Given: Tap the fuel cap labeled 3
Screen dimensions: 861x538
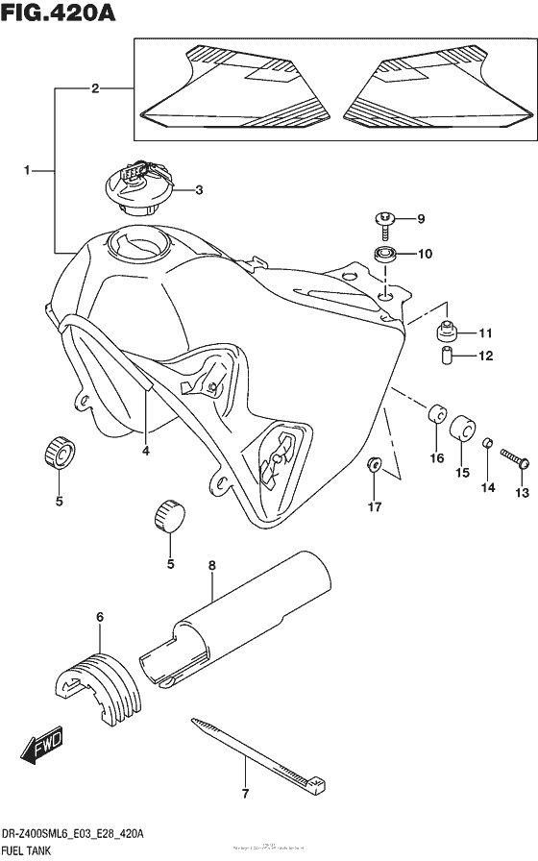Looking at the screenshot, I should coord(141,189).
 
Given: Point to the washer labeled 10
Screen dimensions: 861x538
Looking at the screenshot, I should coord(388,255).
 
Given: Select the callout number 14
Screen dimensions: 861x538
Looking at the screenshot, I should coord(487,489).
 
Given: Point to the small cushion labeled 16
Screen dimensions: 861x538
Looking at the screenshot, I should coord(437,415).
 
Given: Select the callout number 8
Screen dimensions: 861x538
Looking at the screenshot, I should coord(212,568).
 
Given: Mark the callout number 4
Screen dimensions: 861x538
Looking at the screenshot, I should coord(145,450).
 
